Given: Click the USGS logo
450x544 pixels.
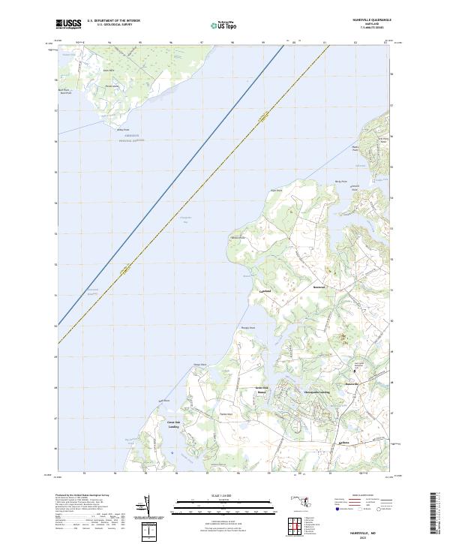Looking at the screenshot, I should click(68, 24).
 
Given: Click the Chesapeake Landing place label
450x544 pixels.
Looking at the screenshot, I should click(316, 392).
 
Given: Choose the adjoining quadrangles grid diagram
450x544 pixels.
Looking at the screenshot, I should click(297, 527).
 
